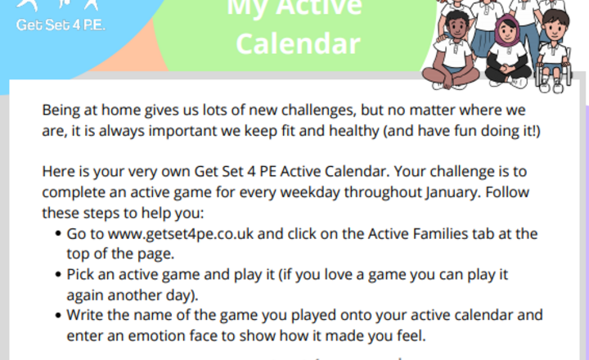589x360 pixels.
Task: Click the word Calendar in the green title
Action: [x=297, y=43]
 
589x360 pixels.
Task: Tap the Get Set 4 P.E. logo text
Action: [x=61, y=24]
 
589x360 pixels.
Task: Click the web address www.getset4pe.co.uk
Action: [x=170, y=234]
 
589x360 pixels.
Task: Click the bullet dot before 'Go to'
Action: [x=58, y=235]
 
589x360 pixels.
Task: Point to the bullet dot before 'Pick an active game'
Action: [x=58, y=275]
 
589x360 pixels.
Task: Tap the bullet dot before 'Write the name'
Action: [x=58, y=316]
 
